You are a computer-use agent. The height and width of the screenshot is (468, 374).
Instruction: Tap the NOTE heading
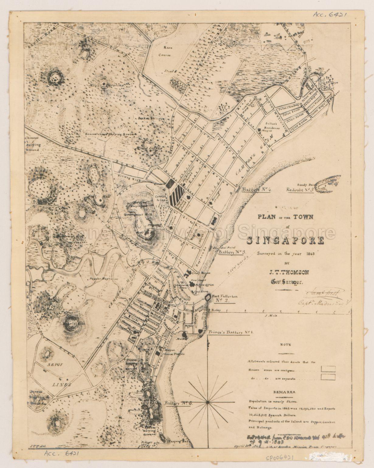point(286,345)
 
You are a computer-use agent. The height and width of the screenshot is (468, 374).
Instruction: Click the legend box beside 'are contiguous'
point(328,369)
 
